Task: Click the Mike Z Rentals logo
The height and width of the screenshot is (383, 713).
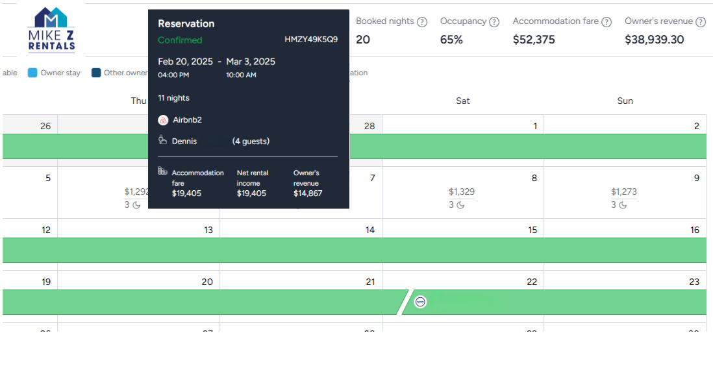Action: pyautogui.click(x=51, y=30)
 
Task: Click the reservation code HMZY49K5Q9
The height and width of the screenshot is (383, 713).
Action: pyautogui.click(x=310, y=40)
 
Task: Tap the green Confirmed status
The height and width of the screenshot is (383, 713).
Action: pyautogui.click(x=180, y=40)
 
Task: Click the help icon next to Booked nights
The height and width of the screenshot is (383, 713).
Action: pyautogui.click(x=422, y=22)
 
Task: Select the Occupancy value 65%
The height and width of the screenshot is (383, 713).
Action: pyautogui.click(x=451, y=40)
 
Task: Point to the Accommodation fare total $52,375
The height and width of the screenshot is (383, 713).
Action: pyautogui.click(x=534, y=40)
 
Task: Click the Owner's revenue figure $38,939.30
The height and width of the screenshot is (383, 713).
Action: pyautogui.click(x=654, y=40)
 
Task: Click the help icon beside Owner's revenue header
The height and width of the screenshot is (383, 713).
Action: pyautogui.click(x=700, y=22)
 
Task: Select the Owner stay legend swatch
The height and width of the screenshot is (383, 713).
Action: pyautogui.click(x=32, y=73)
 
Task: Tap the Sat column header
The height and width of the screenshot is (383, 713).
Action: pyautogui.click(x=462, y=101)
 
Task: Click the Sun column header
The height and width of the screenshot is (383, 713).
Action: pyautogui.click(x=625, y=101)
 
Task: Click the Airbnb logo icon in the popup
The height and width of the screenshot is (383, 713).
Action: pyautogui.click(x=164, y=120)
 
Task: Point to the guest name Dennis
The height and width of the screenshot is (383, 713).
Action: pyautogui.click(x=184, y=141)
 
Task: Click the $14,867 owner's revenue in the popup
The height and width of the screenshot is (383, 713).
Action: pyautogui.click(x=308, y=193)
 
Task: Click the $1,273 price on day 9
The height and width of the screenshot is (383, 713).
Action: pyautogui.click(x=623, y=191)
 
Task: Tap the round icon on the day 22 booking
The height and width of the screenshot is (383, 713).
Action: pyautogui.click(x=421, y=302)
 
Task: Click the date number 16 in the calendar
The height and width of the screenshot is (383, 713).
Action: pyautogui.click(x=695, y=230)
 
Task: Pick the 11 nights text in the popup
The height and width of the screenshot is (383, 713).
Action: pyautogui.click(x=173, y=98)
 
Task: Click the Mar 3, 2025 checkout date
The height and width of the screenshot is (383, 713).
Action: pyautogui.click(x=251, y=62)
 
